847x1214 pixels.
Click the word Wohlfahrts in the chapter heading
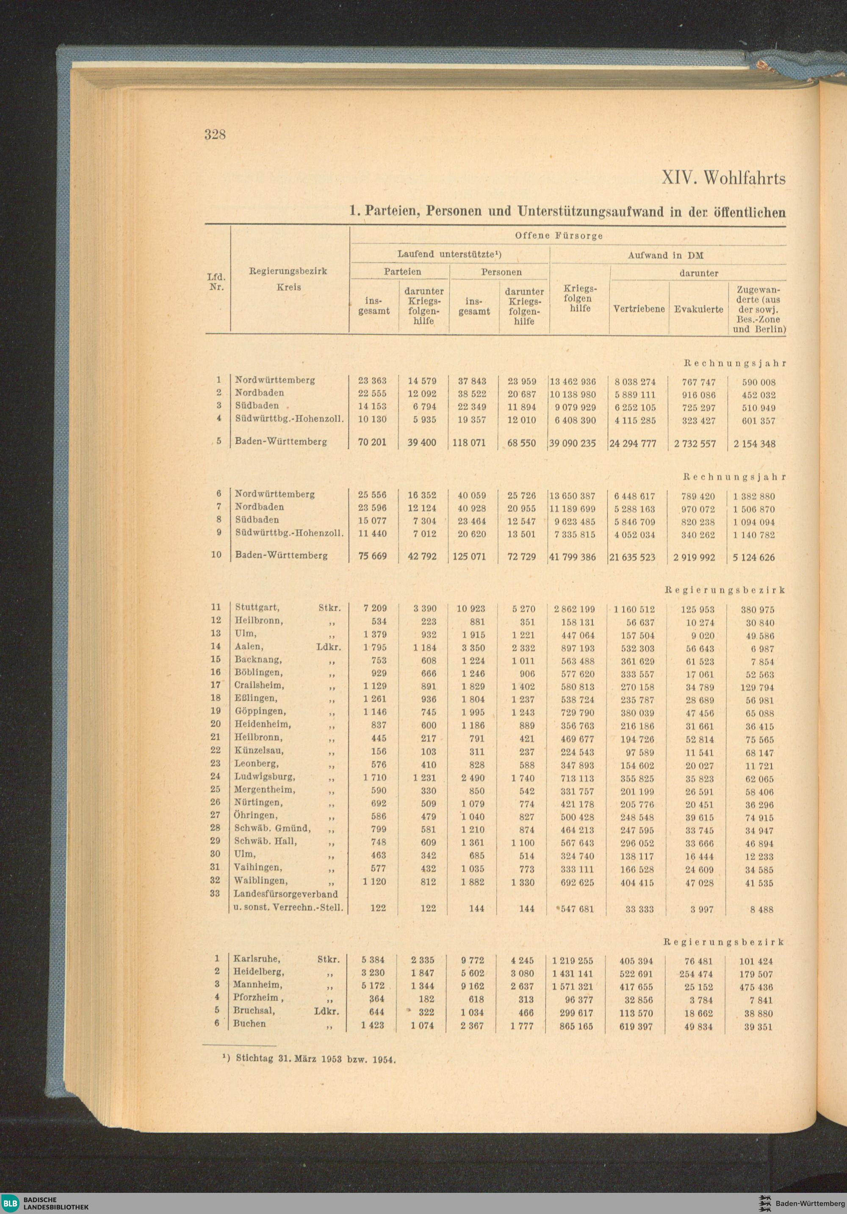[745, 179]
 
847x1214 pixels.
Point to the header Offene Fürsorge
[559, 236]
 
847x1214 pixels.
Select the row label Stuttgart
[257, 607]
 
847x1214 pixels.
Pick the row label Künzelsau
[259, 750]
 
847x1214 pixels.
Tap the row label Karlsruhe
[257, 959]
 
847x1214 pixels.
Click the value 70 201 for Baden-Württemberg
[372, 442]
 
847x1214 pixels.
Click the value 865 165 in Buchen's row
[576, 1026]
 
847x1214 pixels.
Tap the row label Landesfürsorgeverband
[286, 894]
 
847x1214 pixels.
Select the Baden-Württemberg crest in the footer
[764, 1203]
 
